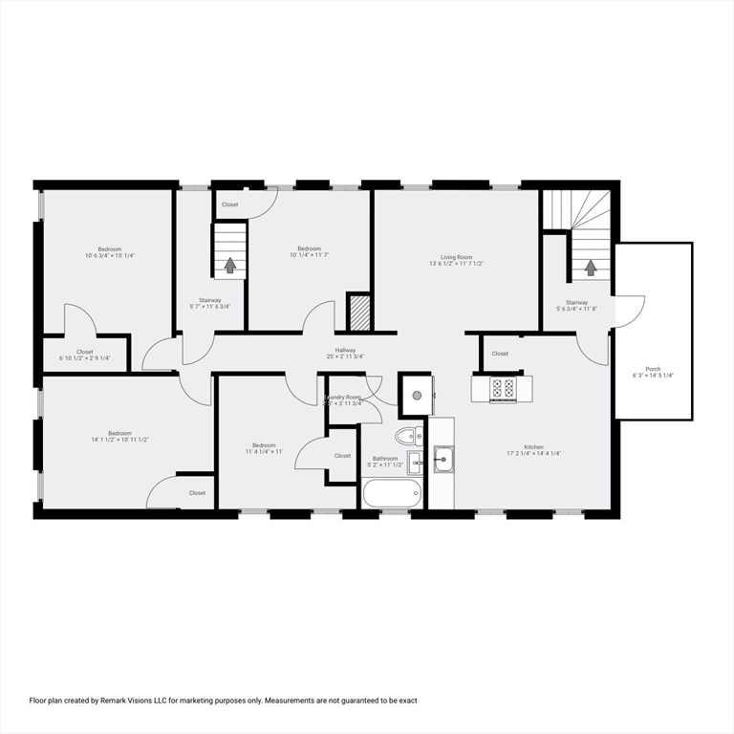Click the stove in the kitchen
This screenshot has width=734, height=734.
click(503, 388)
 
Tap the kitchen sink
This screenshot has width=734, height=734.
click(442, 460)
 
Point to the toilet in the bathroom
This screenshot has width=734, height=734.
click(408, 437)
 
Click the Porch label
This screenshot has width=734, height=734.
click(653, 369)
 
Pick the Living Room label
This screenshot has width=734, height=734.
click(456, 257)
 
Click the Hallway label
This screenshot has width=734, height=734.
click(345, 350)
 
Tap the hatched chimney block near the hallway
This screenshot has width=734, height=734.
click(359, 312)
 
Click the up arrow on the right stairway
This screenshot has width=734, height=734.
click(590, 269)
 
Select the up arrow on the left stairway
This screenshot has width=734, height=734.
click(229, 266)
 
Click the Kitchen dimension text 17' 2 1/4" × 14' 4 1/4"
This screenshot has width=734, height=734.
click(533, 453)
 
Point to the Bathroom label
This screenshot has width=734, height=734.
click(386, 458)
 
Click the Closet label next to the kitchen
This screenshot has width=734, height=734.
click(500, 354)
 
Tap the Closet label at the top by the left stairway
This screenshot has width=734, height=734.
click(230, 205)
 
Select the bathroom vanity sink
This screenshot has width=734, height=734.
click(415, 463)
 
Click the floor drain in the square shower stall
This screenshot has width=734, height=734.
click(417, 394)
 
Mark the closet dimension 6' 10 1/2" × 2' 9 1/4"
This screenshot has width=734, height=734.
click(85, 358)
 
